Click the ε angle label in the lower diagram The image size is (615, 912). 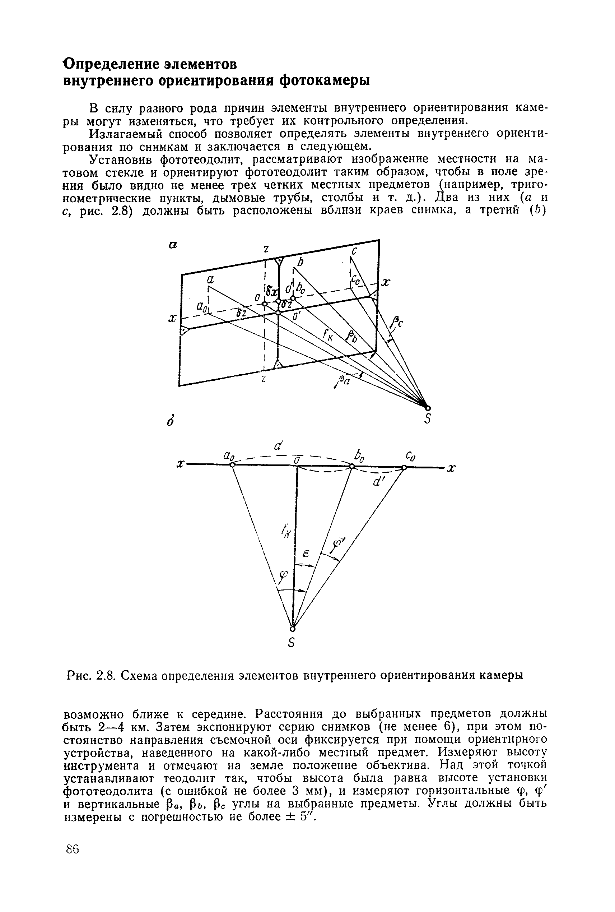[307, 554]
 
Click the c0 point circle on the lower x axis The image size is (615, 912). [404, 467]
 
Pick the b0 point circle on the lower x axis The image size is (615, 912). [352, 466]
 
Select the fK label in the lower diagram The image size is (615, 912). [285, 533]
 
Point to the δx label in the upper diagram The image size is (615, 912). [271, 291]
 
